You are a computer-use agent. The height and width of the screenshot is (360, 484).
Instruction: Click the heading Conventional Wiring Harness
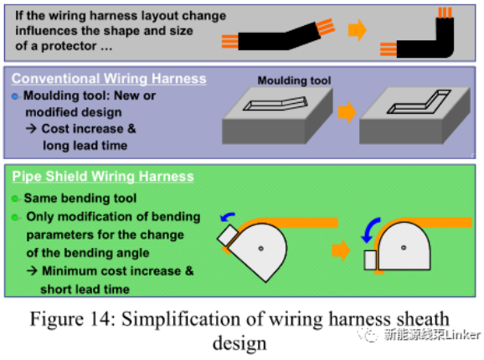coord(109,79)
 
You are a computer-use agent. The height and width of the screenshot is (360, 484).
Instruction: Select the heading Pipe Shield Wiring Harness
coord(103,177)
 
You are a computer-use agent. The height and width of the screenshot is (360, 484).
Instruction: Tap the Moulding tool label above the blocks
coord(294,80)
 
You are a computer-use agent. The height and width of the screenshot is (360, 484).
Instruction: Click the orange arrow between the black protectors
coord(357,30)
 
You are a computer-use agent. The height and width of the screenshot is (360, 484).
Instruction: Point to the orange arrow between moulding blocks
coord(347,112)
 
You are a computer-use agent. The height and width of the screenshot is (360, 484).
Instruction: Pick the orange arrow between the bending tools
coord(341,250)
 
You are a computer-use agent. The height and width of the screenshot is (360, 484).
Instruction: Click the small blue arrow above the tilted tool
coord(228,217)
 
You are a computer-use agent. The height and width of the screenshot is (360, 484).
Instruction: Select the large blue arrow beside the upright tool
coord(370,230)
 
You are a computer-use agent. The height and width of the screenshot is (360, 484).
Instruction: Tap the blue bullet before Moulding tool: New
coord(15,96)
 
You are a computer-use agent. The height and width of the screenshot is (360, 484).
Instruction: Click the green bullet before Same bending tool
coord(15,198)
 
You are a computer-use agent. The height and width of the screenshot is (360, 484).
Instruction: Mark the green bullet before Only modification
coord(15,218)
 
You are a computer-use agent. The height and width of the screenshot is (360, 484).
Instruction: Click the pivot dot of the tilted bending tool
coord(260,249)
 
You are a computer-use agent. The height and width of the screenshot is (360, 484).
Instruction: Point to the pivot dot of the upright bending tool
coord(404,248)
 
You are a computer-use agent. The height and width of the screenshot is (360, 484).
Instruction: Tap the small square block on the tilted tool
coord(228,235)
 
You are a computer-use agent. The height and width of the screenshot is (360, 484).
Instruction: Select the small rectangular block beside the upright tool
coord(370,260)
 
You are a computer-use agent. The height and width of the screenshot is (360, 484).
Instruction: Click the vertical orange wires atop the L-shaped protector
coord(445,13)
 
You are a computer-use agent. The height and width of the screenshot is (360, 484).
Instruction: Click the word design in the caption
coord(239,343)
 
